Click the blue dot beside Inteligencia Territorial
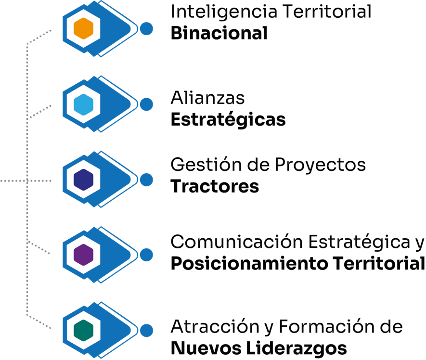tap(146, 29)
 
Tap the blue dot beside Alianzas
tap(146, 104)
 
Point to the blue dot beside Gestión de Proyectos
tap(146, 180)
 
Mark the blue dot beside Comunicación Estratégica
tap(146, 255)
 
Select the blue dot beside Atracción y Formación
tap(146, 330)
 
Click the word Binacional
tap(219, 33)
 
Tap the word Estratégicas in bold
tap(228, 119)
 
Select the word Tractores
tap(215, 186)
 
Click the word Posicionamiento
tap(245, 264)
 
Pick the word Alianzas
tap(207, 99)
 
